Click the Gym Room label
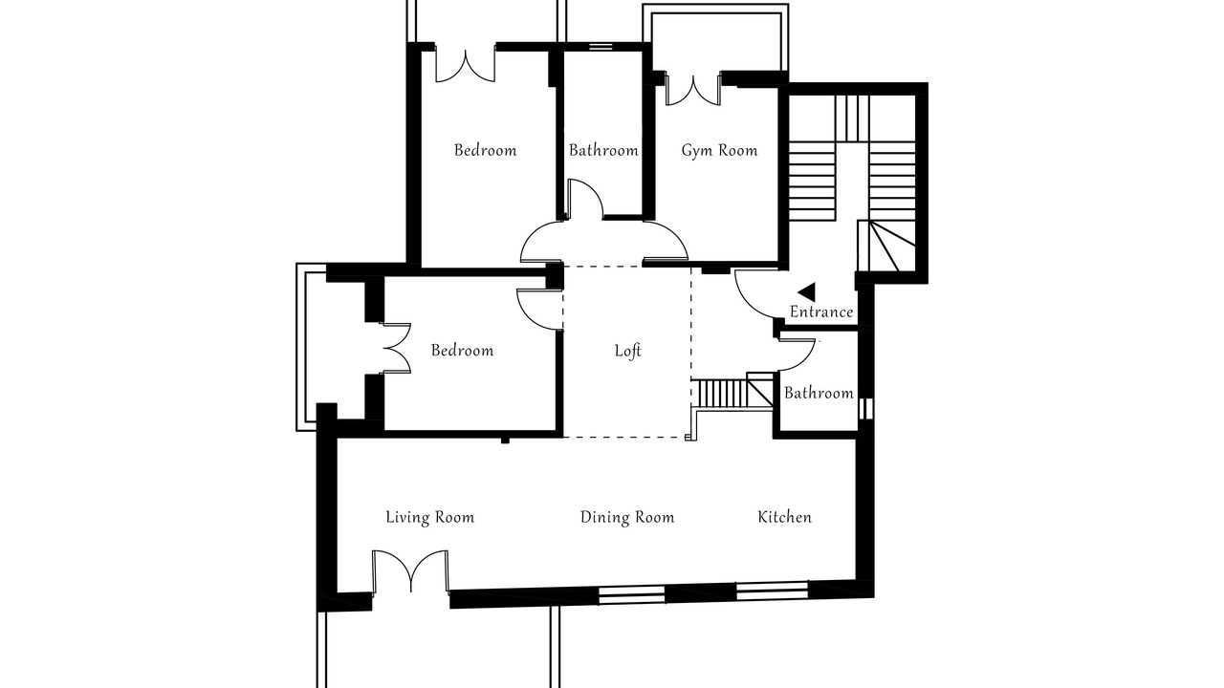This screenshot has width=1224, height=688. coord(719,150)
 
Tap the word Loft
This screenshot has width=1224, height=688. coord(628,351)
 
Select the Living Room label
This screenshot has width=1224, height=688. coord(430,517)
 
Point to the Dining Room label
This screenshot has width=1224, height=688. coord(627,517)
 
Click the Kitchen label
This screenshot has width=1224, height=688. coord(785,517)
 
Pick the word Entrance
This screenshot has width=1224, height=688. coord(821,312)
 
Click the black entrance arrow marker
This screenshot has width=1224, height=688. coord(808,292)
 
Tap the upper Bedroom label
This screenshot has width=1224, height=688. coord(485,150)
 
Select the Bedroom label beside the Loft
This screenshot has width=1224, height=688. coord(462,351)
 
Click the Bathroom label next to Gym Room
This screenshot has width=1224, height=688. coord(603,150)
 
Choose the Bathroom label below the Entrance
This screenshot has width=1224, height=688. coord(819,393)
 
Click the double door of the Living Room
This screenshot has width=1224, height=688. coord(411,571)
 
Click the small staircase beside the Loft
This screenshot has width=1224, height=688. coord(732,393)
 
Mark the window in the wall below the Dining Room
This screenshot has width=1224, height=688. coord(632,594)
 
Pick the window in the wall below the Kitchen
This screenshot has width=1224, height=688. coord(772,591)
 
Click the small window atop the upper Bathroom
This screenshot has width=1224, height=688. coord(601,47)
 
